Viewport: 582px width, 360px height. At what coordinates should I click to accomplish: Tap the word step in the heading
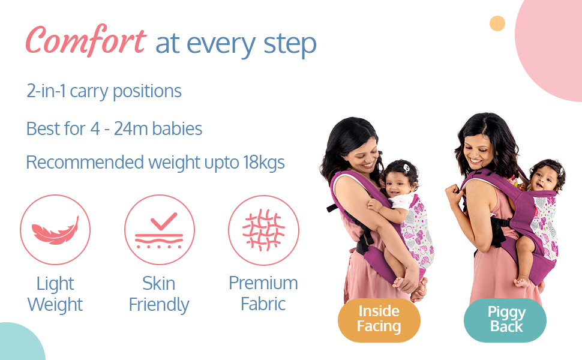point(290,45)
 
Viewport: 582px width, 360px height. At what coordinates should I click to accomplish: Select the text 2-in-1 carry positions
point(104,91)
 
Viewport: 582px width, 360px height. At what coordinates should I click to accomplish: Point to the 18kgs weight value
point(264,162)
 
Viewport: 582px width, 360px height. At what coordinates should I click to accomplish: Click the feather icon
point(55,230)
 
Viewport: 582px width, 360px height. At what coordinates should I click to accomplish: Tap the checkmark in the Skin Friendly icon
point(164,221)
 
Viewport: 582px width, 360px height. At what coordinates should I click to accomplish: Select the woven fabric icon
point(263,230)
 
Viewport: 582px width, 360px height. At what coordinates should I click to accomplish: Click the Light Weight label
point(55,294)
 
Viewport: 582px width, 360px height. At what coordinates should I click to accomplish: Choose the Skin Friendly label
point(159,294)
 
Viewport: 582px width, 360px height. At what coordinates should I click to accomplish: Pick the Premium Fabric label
point(263,293)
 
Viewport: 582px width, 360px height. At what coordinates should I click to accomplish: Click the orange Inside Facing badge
point(379,320)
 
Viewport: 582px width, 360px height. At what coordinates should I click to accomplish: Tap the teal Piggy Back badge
point(505,320)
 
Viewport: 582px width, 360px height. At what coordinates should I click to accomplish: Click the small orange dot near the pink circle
point(497,23)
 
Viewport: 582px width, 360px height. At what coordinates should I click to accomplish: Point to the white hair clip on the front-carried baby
point(406,168)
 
